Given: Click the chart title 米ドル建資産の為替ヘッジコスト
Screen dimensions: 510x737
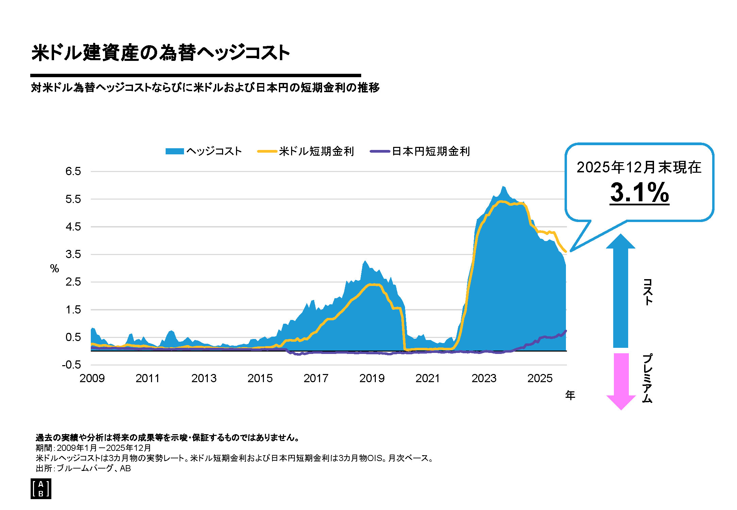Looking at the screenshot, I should (x=161, y=53).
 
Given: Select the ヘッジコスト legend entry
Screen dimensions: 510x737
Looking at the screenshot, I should (x=203, y=151).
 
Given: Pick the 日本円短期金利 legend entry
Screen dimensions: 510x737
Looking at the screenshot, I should (x=420, y=151).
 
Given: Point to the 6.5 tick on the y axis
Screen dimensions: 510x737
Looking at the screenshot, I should (x=73, y=171).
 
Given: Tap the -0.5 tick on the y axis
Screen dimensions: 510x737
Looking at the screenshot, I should (x=71, y=365).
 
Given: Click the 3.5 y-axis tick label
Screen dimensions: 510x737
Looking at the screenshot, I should (x=73, y=254).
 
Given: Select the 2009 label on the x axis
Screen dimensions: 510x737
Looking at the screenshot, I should (x=92, y=378).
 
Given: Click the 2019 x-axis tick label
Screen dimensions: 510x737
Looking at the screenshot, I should (x=372, y=378).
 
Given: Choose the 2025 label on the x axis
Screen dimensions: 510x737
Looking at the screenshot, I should (x=540, y=378).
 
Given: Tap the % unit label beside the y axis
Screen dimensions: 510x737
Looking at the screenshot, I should (x=54, y=269).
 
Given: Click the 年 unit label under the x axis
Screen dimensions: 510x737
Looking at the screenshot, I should (x=570, y=395).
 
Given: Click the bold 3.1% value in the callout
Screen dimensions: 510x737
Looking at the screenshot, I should (x=639, y=192).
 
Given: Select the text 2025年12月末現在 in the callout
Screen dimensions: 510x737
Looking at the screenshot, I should (x=639, y=167).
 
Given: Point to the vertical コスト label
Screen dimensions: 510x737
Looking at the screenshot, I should (x=648, y=292).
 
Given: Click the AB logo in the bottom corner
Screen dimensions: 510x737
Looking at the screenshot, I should (x=41, y=489).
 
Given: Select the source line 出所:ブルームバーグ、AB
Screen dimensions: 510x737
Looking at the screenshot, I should (x=83, y=468).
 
